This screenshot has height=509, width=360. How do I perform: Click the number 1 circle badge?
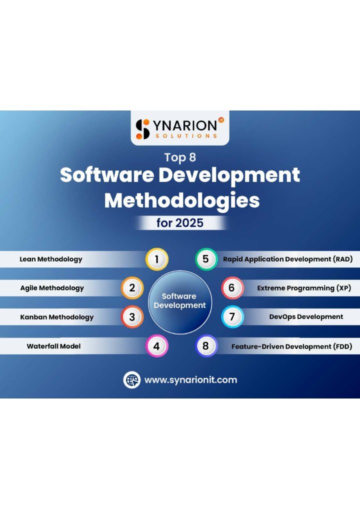(157, 259)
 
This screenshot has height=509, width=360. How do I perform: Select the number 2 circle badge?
(132, 288)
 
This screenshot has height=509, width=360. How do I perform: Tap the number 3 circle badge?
(132, 317)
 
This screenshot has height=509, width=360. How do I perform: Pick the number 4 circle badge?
(157, 346)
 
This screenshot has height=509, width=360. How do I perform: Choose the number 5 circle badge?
(206, 259)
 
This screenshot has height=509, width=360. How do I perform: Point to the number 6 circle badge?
(232, 288)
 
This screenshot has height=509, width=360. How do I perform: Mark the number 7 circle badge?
(232, 317)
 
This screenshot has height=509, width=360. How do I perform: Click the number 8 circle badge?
(206, 346)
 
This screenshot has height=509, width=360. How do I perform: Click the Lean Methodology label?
(51, 259)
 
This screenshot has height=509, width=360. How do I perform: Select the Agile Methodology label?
(52, 288)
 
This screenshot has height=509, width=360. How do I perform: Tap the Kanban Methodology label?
(57, 317)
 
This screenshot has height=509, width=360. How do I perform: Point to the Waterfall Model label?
(53, 346)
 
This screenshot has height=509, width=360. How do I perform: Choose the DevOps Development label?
(306, 317)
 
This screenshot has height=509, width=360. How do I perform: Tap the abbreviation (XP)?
(344, 288)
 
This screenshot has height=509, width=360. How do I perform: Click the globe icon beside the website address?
(132, 380)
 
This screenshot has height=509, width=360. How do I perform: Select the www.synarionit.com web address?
(191, 380)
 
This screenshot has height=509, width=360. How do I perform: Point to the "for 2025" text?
(180, 223)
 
